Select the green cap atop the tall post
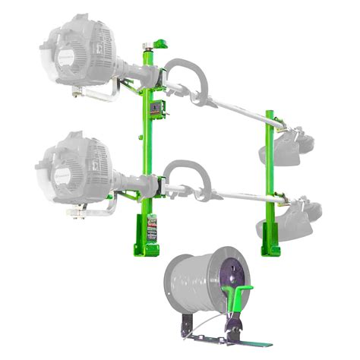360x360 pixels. pyautogui.click(x=159, y=43)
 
